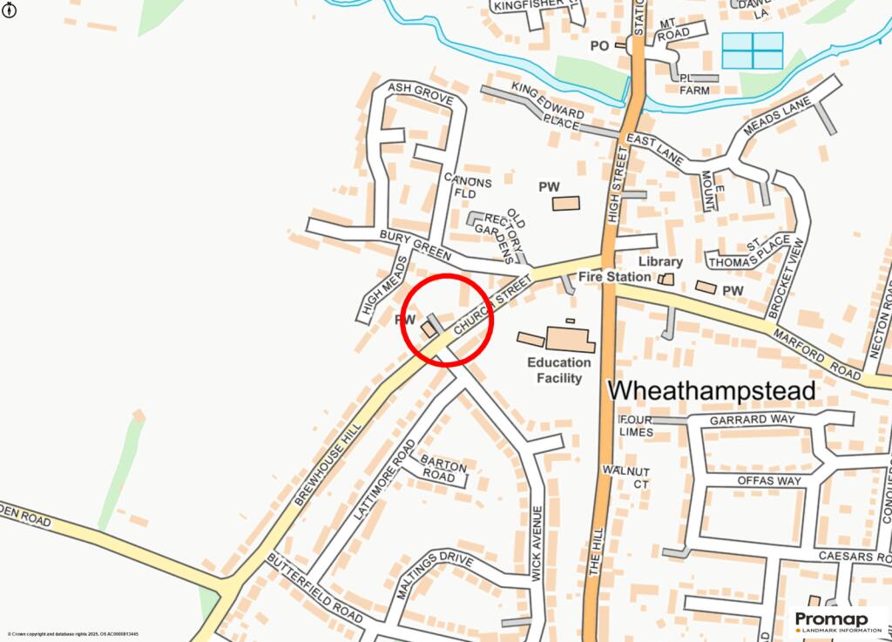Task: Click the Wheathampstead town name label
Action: click(711, 391)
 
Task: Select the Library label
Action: click(660, 261)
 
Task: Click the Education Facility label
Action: click(559, 370)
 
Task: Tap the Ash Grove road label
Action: click(421, 93)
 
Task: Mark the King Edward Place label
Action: click(548, 106)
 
